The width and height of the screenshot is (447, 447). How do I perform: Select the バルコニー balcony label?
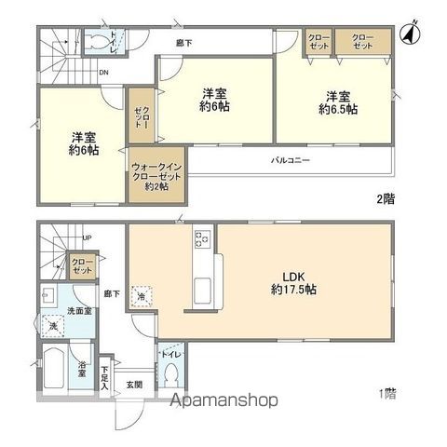coord(291,160)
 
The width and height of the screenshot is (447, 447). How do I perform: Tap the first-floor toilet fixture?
coord(170,374)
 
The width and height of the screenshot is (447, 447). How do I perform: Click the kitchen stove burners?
coord(201,239)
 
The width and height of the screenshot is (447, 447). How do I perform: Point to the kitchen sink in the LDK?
coord(203,297)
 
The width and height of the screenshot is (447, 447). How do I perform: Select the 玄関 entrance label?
coord(134,385)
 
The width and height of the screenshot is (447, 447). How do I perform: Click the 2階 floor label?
coord(384,198)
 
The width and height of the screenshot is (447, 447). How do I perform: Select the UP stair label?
coord(86,237)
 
